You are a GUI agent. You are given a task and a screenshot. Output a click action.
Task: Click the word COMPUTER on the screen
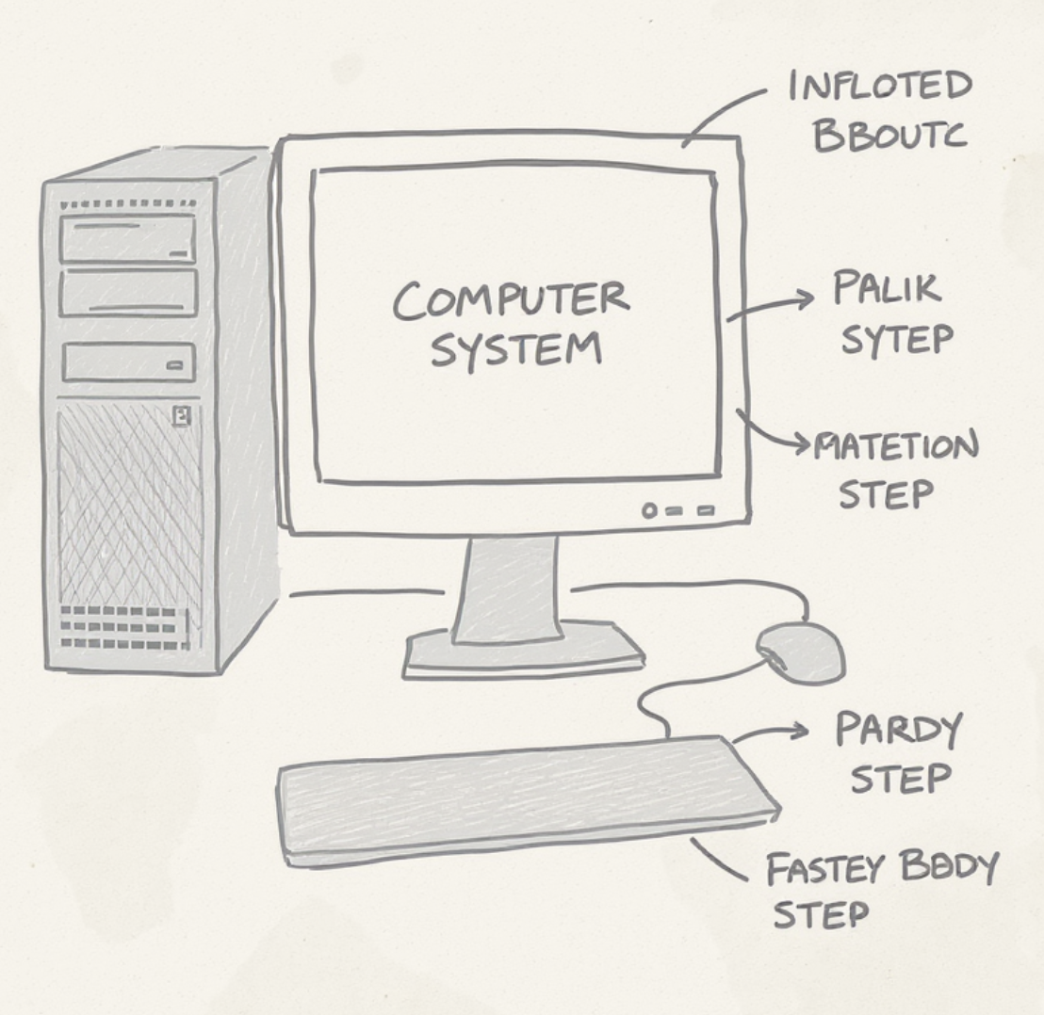pyautogui.click(x=511, y=300)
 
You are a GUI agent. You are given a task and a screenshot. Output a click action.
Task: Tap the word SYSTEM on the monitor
pyautogui.click(x=515, y=349)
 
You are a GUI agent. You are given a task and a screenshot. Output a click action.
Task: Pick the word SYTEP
pyautogui.click(x=896, y=339)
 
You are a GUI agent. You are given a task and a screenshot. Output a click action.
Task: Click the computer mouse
pyautogui.click(x=800, y=650)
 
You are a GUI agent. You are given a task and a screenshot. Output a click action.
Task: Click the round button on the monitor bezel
pyautogui.click(x=648, y=510)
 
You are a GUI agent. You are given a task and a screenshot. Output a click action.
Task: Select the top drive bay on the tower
pyautogui.click(x=127, y=239)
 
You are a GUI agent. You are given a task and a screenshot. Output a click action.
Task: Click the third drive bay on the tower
pyautogui.click(x=129, y=362)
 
